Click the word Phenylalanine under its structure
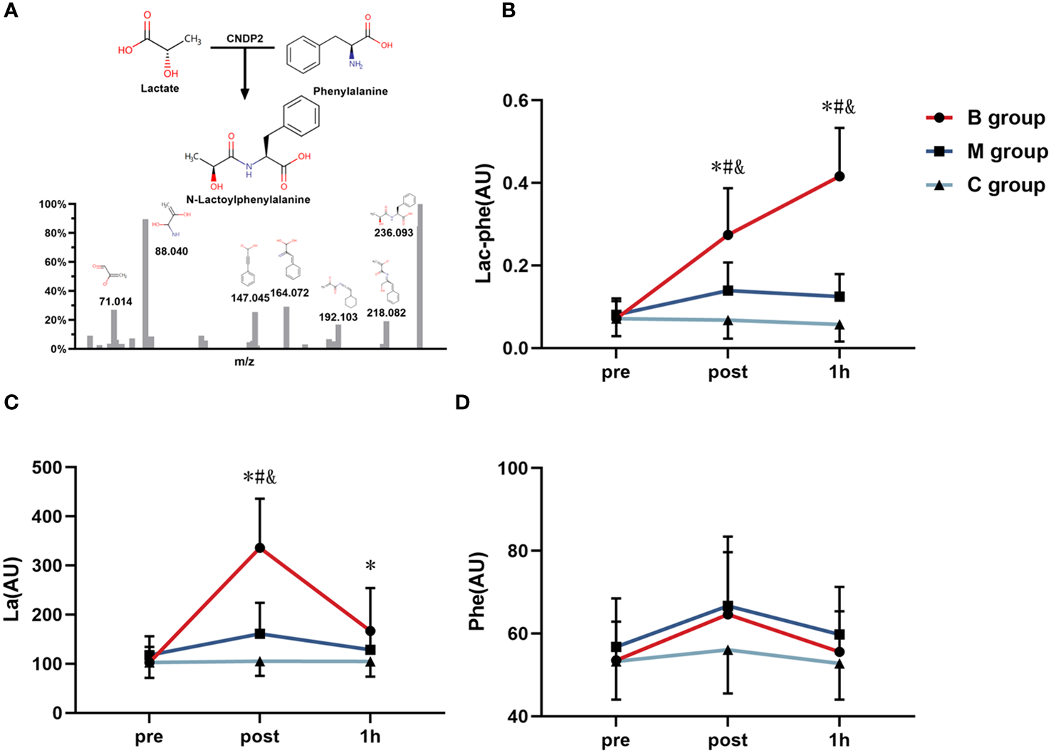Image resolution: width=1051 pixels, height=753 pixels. coord(350,91)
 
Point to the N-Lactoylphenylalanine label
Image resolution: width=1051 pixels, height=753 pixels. coord(249,199)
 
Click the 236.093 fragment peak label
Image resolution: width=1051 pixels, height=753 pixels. coord(394,233)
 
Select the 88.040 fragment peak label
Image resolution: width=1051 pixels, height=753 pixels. coord(172,251)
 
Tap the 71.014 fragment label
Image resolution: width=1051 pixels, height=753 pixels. coord(115,302)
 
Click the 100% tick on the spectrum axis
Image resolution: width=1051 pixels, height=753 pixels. coord(53,205)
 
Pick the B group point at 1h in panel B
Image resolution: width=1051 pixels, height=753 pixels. coord(840,176)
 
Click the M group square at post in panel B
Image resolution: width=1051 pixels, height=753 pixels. coord(728,290)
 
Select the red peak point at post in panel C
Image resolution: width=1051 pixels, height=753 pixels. coord(260,548)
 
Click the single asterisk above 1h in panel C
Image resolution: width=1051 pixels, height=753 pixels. coord(370,567)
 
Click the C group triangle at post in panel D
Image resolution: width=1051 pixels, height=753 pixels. coord(728,650)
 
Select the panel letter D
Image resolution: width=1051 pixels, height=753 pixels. coord(463,403)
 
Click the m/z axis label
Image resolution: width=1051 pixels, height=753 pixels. coord(245,362)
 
